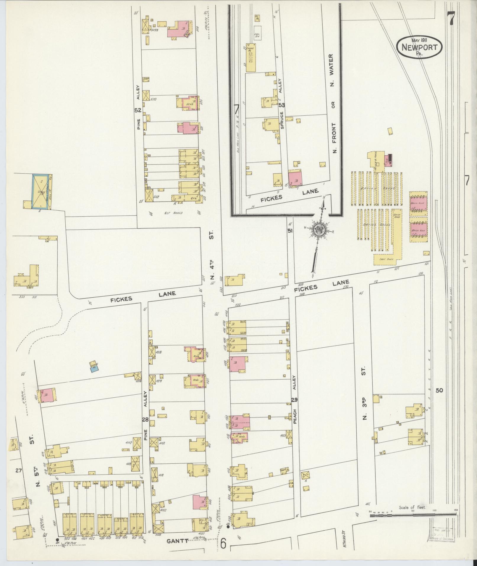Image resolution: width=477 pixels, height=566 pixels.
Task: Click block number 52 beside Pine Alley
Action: pos(138,110)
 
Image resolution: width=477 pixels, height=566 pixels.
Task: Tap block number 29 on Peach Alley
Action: pos(294,399)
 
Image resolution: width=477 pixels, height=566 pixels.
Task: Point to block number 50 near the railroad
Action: pos(439,390)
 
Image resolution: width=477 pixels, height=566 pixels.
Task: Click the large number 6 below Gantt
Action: pos(223,543)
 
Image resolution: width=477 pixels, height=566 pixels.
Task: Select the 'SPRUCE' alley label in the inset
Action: pos(282,120)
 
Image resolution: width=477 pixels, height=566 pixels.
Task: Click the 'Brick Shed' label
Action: pos(397,216)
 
